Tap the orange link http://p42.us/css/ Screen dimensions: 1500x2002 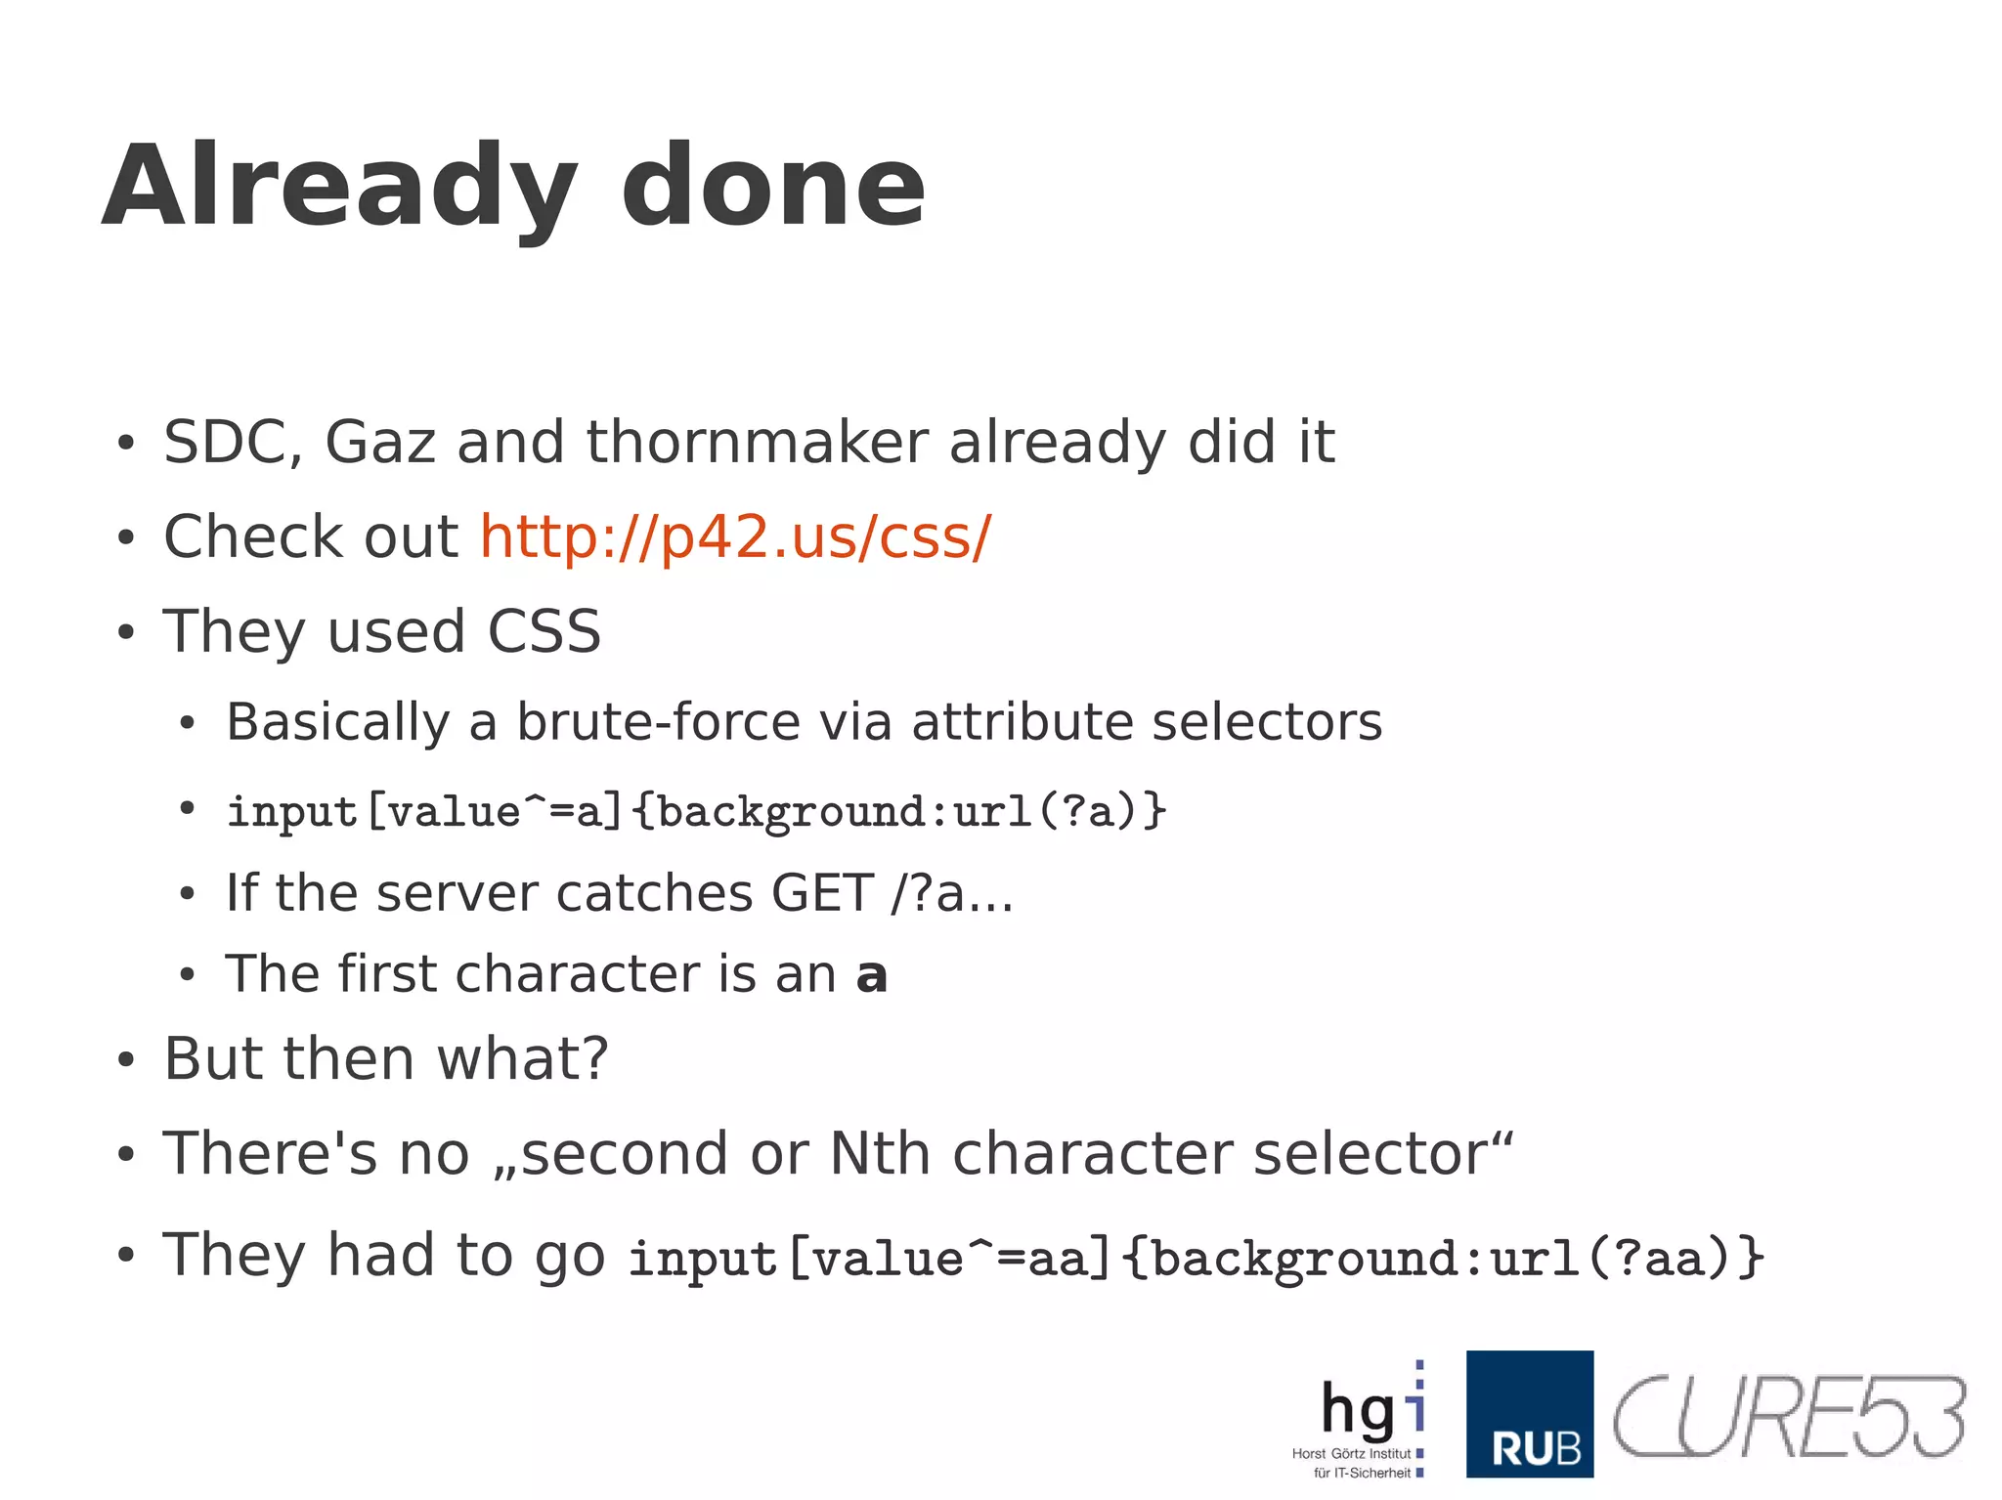pyautogui.click(x=735, y=536)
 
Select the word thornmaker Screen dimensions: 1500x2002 pyautogui.click(x=757, y=442)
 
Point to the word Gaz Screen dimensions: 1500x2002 pyautogui.click(x=379, y=442)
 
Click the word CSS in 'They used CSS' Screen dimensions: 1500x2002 pyautogui.click(x=544, y=631)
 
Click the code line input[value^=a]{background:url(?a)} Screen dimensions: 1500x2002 pyautogui.click(x=696, y=811)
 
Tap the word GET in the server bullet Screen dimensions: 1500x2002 pyautogui.click(x=821, y=893)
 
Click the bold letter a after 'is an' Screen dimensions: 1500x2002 pyautogui.click(x=871, y=975)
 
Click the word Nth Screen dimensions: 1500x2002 pyautogui.click(x=879, y=1153)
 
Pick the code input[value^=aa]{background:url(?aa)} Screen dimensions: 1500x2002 pyautogui.click(x=1196, y=1258)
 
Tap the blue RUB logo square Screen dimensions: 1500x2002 pyautogui.click(x=1529, y=1413)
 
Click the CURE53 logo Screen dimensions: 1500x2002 pyautogui.click(x=1788, y=1416)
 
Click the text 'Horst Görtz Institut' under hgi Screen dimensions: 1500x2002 pyautogui.click(x=1351, y=1453)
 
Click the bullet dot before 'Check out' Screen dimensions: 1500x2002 pyautogui.click(x=124, y=538)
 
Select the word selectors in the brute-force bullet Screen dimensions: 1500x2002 pyautogui.click(x=1267, y=722)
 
